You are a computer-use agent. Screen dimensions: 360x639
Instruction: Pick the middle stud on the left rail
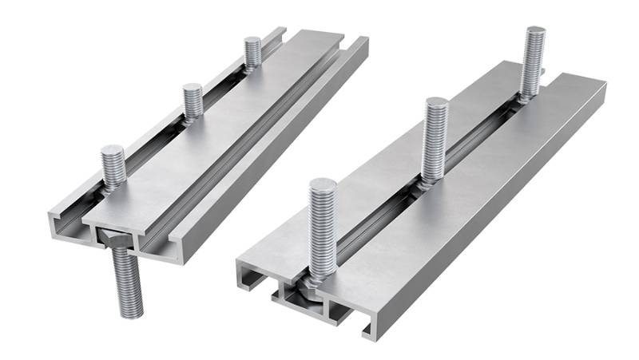[192, 102]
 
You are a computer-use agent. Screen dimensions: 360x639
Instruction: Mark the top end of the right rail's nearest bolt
[323, 186]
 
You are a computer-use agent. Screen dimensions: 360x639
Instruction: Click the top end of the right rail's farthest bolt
[535, 31]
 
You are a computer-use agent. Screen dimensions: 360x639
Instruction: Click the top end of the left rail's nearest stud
[113, 151]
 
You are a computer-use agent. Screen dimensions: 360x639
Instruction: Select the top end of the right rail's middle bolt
[436, 102]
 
